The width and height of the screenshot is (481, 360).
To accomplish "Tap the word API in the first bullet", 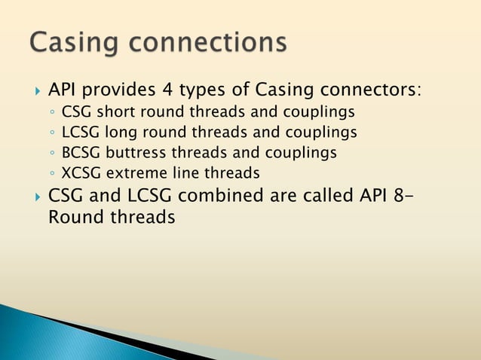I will tap(64, 90).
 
